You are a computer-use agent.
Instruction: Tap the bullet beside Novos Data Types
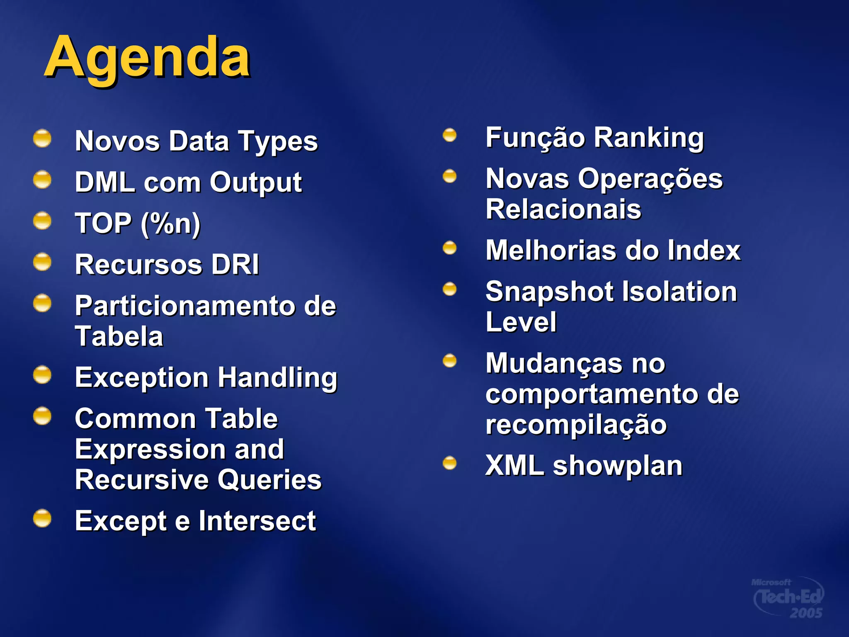tap(42, 138)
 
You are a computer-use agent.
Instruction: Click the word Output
tap(256, 182)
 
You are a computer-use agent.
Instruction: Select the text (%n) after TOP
tap(170, 224)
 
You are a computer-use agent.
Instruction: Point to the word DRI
tap(235, 265)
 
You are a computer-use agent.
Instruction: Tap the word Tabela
tap(119, 336)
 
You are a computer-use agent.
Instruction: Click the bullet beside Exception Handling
tap(42, 375)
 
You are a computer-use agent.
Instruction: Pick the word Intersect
tap(257, 521)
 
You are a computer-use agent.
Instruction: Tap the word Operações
tap(650, 179)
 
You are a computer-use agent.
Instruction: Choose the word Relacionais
tap(563, 209)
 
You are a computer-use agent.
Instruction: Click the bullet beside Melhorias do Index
tap(449, 248)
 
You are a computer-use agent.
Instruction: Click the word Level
tap(521, 322)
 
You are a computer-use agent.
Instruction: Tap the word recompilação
tap(576, 425)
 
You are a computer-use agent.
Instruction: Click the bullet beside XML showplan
tap(449, 463)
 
